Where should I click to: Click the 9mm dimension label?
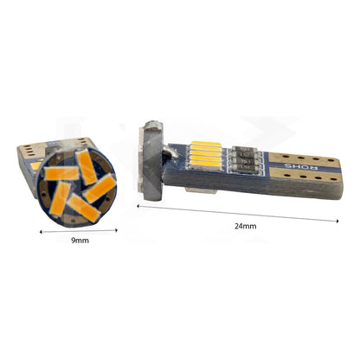coord(80,241)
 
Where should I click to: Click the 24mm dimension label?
coord(245,226)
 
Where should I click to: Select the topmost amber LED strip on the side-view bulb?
coord(207,144)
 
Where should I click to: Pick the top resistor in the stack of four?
coord(245,149)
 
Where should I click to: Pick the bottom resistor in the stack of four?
coord(245,167)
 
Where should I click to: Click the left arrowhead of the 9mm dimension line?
coord(41,231)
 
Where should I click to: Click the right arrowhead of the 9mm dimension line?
coord(116,230)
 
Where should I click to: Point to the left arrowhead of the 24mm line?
coord(138,206)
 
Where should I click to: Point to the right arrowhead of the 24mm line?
coord(337,221)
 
